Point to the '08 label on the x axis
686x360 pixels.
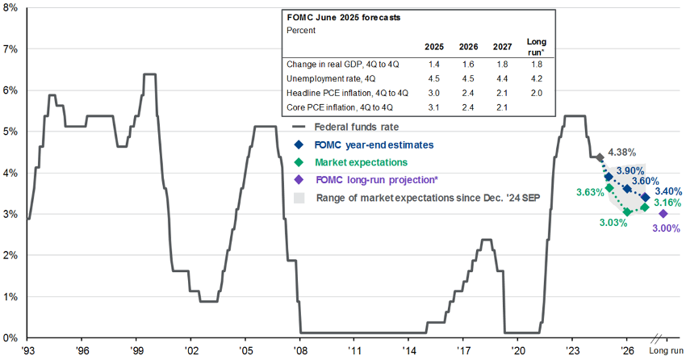pos(299,352)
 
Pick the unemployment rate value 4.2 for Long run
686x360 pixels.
pos(535,78)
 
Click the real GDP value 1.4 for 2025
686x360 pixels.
pos(433,63)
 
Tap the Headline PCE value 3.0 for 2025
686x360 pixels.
pos(433,93)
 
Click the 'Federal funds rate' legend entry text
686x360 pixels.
pos(356,126)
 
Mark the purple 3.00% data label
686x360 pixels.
pos(666,229)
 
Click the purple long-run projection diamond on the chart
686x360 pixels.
pos(663,214)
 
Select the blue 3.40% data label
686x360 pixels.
pos(666,191)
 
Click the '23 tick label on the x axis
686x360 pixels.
pos(571,352)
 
